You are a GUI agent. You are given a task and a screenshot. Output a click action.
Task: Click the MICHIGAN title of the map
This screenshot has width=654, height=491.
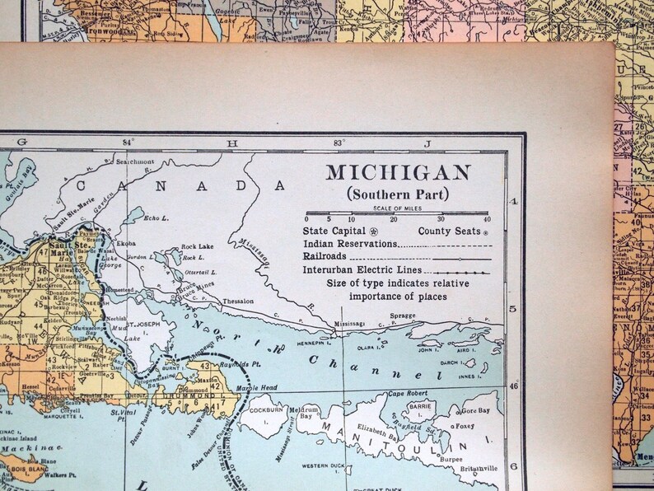[x=398, y=173]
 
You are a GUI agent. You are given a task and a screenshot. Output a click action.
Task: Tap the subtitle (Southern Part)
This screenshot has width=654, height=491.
[x=398, y=194]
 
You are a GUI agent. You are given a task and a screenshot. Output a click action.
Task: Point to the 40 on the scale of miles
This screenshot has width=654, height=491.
[x=486, y=219]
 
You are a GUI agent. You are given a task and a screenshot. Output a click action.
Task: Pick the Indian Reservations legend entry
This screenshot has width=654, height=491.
[x=350, y=244]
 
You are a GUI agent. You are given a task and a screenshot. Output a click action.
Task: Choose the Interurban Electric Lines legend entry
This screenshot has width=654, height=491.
[x=362, y=269]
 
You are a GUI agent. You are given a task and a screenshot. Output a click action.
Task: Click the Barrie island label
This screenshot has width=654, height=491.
[x=421, y=406]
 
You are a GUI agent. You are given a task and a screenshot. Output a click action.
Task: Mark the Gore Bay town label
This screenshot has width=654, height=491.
[x=475, y=409]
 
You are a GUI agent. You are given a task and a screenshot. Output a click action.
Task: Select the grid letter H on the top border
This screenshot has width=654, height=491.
[x=232, y=143]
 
